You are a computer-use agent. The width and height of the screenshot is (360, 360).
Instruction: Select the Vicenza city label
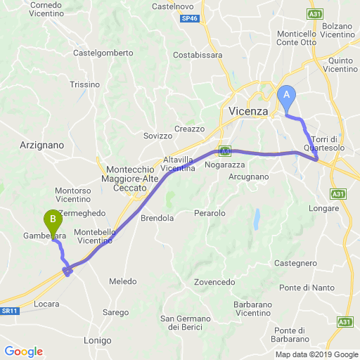click(249, 112)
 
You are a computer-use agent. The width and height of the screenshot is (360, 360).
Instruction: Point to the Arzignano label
click(43, 144)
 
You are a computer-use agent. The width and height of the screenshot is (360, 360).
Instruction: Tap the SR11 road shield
click(9, 310)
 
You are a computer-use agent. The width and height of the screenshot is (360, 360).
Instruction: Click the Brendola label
click(157, 218)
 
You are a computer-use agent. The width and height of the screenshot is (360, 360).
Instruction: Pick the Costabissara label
click(198, 54)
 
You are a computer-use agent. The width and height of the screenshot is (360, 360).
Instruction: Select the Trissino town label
click(85, 84)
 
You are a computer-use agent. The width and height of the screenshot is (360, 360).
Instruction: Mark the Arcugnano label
click(249, 176)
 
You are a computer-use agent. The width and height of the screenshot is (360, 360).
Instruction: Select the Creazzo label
click(190, 129)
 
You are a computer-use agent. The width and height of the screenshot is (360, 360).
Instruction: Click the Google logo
click(24, 352)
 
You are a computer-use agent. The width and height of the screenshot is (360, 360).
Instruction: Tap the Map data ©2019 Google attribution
click(316, 354)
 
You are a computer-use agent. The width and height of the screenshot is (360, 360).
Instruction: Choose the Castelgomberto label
click(103, 53)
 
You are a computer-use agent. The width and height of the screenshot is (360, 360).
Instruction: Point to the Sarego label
click(115, 312)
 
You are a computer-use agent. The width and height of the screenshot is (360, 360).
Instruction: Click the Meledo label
click(123, 281)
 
